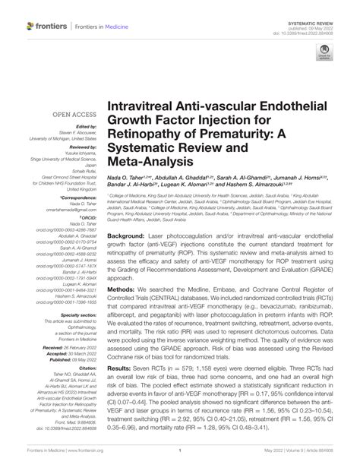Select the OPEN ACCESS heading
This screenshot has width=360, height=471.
pyautogui.click(x=70, y=113)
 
